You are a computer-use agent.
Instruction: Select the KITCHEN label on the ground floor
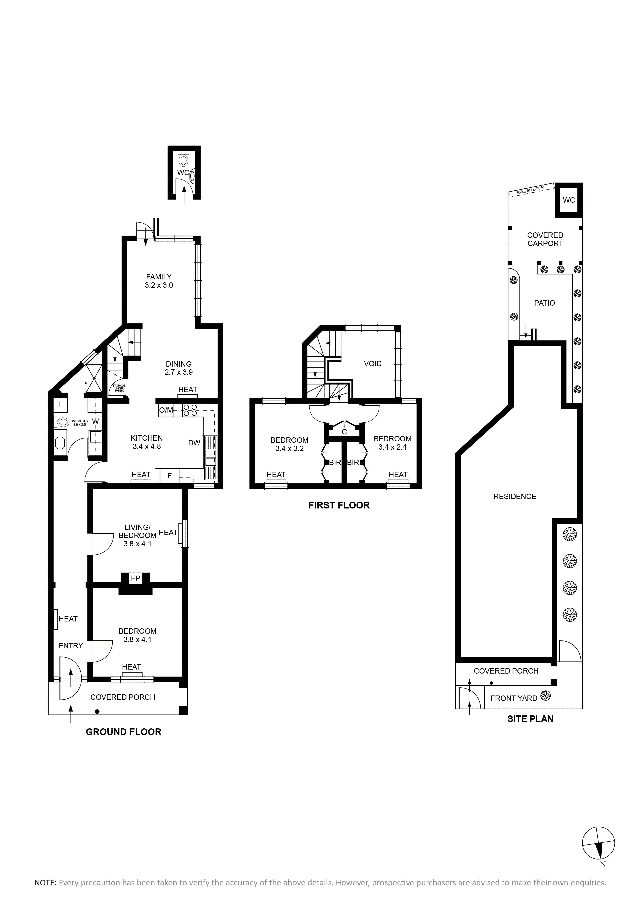click(x=147, y=438)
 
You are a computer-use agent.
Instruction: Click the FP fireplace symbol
click(x=135, y=578)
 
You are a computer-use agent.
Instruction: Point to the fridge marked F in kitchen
click(x=169, y=476)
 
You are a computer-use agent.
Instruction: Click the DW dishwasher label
click(x=194, y=443)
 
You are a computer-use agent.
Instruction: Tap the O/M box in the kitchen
click(x=166, y=410)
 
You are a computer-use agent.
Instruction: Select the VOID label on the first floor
click(x=373, y=364)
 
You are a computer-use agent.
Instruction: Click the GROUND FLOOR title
click(x=124, y=732)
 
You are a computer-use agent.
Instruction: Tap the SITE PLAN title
click(x=530, y=719)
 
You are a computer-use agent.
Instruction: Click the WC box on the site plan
click(x=569, y=200)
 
